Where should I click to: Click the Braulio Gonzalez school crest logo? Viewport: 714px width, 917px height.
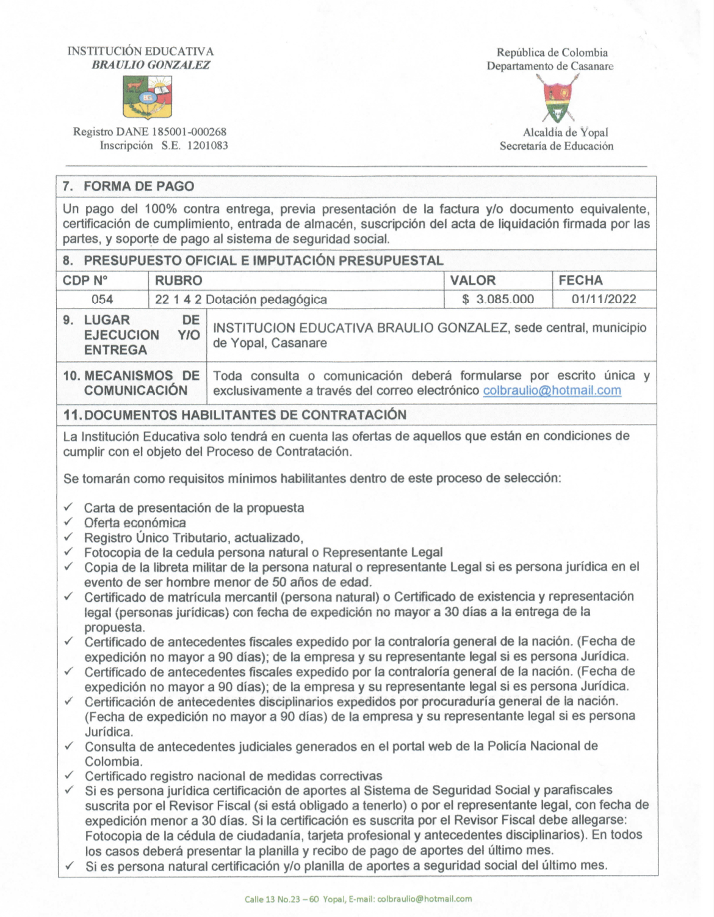pos(147,97)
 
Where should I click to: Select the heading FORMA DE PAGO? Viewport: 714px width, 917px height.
pos(139,186)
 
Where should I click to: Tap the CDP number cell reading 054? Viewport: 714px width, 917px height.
pos(102,299)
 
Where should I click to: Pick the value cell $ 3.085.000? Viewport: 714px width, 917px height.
pos(497,299)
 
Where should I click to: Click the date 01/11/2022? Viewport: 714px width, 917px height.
pos(604,299)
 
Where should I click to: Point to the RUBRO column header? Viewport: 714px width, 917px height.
pos(178,280)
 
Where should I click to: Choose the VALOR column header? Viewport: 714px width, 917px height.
pos(473,280)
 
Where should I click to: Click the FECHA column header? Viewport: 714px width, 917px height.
pos(580,280)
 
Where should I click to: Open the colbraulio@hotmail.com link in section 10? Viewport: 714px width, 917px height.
pos(552,390)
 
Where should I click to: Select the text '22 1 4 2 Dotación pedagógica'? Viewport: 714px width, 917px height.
pos(240,299)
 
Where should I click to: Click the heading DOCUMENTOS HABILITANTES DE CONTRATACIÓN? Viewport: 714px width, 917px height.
pos(245,415)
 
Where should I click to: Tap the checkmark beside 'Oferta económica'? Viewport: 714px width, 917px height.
pos(69,522)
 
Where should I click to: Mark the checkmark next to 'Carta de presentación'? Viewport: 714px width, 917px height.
pos(69,507)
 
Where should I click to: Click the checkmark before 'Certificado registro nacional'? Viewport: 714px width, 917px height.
pos(70,775)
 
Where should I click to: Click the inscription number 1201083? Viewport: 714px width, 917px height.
pos(207,145)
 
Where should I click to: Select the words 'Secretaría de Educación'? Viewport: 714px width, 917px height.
pos(556,146)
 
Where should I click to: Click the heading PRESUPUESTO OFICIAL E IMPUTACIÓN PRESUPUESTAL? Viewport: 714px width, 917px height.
pos(263,261)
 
